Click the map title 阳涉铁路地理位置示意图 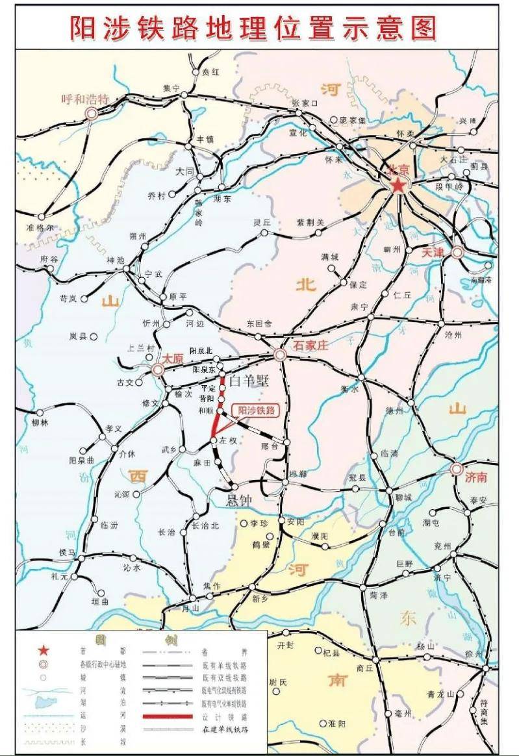[253, 27]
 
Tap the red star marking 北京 [398, 186]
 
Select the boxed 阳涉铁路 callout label [257, 410]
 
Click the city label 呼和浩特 [84, 99]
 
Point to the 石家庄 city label [311, 346]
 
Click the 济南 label [475, 477]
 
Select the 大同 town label [184, 171]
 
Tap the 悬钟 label [237, 500]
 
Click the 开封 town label [286, 646]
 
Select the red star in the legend [43, 650]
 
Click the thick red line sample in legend [168, 716]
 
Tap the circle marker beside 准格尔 [42, 217]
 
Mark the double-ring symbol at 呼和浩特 [92, 114]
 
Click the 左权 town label [227, 441]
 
